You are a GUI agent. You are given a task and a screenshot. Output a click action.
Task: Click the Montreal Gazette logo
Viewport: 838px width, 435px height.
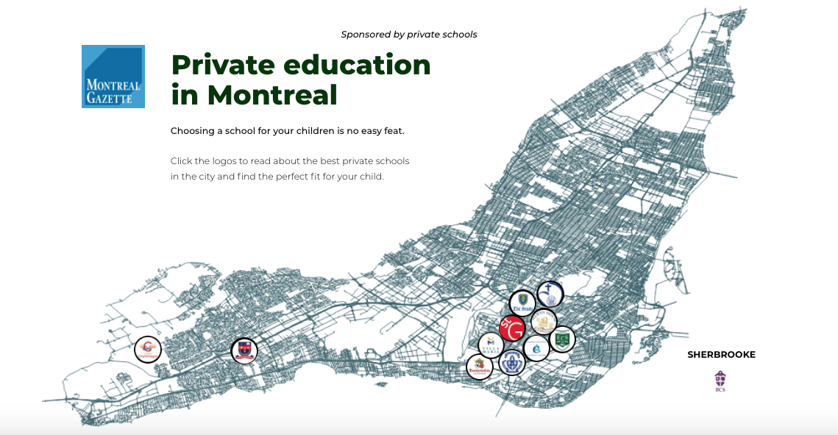[113, 77]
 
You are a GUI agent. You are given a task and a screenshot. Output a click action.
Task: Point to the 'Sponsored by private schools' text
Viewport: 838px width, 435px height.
[409, 35]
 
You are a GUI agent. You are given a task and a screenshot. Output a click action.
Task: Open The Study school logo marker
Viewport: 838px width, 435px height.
[522, 303]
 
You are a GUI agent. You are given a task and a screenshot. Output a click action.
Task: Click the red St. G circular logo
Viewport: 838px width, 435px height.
[511, 328]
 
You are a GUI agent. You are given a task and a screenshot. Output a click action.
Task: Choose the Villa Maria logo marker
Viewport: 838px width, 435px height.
[491, 344]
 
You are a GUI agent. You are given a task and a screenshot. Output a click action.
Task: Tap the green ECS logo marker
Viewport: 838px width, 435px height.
[562, 339]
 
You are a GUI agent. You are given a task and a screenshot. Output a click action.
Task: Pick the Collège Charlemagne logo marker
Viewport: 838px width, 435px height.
[147, 350]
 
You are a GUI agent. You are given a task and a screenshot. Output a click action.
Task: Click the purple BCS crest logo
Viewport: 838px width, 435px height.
[720, 381]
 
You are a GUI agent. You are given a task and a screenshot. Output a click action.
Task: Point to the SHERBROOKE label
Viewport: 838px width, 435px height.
[721, 355]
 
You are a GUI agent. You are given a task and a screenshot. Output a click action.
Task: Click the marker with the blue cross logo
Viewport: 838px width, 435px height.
[550, 294]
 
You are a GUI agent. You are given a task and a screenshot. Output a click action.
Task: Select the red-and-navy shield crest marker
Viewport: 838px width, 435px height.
[244, 350]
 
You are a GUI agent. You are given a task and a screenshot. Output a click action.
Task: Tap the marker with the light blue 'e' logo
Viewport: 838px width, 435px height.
[536, 348]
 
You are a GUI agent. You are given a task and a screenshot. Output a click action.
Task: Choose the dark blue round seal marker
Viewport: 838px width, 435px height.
[511, 363]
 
